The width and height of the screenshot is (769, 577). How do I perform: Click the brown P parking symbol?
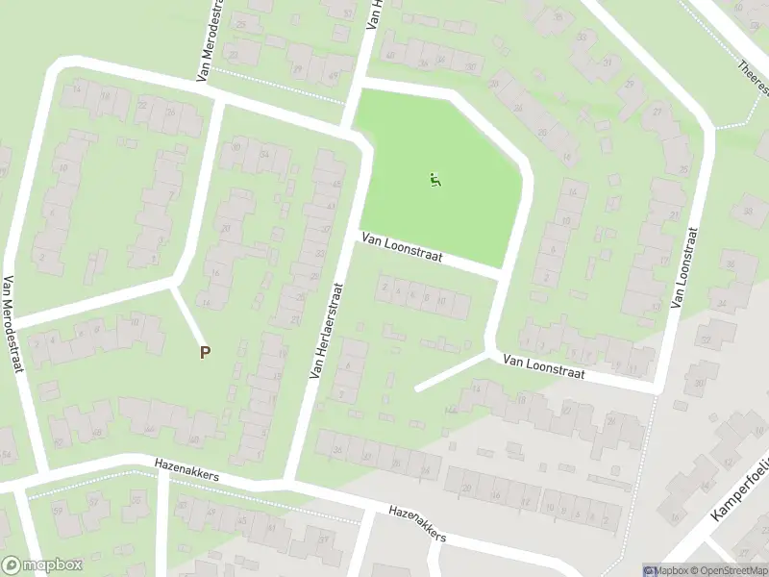point(204,353)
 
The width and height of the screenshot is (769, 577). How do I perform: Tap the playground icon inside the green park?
point(435,179)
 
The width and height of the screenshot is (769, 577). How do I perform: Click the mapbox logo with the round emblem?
point(41,565)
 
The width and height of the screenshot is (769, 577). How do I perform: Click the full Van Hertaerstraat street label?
point(326,330)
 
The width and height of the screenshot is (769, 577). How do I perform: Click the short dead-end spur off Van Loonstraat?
point(452,371)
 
